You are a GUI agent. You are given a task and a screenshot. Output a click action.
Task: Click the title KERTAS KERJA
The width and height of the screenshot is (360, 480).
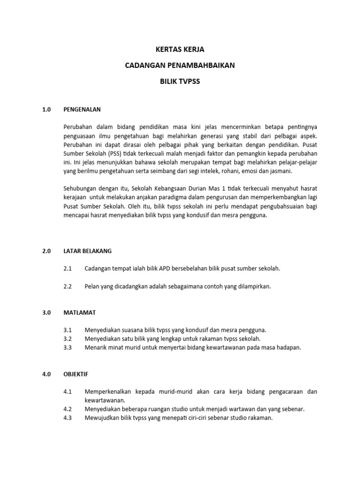[180, 49]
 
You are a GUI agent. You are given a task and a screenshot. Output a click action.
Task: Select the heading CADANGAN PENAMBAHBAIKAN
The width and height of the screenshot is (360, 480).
[180, 65]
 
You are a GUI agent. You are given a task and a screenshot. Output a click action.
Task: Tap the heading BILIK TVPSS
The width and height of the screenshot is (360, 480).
[180, 81]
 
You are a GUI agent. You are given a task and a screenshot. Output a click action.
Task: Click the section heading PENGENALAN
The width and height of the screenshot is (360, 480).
[82, 110]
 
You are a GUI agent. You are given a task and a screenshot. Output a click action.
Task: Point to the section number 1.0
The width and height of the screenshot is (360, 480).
[46, 110]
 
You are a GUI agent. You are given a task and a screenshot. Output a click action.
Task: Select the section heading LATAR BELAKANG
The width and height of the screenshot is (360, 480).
[88, 251]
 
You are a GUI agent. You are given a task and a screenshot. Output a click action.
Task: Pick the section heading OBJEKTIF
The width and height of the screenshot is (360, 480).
[76, 375]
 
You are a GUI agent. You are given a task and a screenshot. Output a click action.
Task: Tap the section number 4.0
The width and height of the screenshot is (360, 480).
[46, 375]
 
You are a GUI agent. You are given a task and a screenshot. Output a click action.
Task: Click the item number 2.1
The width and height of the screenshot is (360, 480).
[67, 269]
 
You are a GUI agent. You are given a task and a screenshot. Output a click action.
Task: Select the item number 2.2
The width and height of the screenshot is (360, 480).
[67, 286]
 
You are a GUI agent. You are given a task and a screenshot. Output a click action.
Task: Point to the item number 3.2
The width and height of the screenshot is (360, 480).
[67, 338]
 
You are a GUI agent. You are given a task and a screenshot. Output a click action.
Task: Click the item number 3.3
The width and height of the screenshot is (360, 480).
[67, 347]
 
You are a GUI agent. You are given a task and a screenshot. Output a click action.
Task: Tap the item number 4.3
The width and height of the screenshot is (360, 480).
[67, 418]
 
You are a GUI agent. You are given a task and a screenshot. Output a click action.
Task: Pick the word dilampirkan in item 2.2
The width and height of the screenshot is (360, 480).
[254, 286]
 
